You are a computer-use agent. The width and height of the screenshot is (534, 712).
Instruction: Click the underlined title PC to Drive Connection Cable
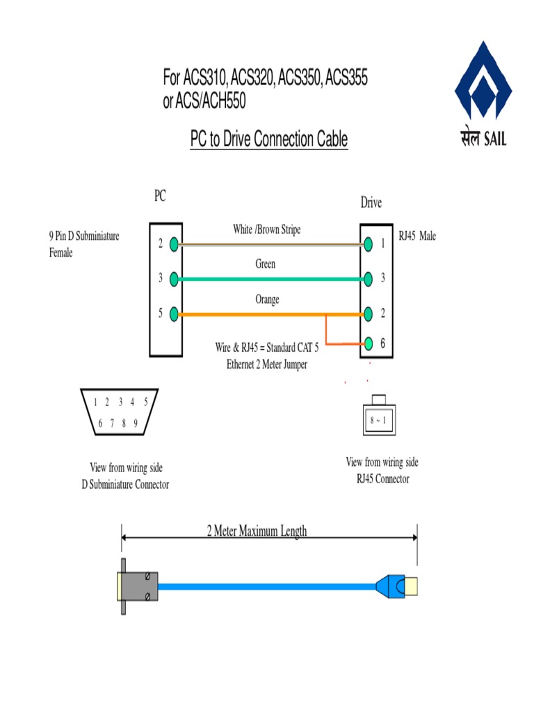click(269, 139)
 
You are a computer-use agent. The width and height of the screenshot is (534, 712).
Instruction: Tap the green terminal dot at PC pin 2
click(174, 244)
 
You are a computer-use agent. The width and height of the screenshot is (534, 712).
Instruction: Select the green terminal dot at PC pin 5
click(174, 314)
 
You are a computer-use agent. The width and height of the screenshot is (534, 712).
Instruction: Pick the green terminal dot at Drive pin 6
click(369, 343)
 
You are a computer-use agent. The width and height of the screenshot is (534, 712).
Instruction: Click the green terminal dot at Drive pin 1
click(369, 244)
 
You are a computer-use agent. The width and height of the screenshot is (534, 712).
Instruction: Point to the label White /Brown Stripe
click(266, 229)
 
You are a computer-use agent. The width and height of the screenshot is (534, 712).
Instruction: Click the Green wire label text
click(265, 264)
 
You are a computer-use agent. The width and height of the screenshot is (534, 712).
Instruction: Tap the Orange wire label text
click(267, 299)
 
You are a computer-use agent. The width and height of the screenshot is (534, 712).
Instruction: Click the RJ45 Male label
click(417, 236)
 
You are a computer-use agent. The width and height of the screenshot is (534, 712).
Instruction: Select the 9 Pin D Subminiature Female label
click(84, 244)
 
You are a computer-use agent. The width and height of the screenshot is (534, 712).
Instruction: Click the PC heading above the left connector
click(160, 195)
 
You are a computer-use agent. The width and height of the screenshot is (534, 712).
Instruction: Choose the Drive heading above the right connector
click(371, 202)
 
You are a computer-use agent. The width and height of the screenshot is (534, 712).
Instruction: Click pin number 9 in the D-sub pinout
click(136, 423)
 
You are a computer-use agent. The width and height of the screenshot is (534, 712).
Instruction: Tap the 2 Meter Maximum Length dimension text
click(257, 531)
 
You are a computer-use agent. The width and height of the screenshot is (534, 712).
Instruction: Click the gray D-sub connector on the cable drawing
click(138, 586)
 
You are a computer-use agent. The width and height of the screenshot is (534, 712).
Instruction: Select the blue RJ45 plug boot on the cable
click(390, 586)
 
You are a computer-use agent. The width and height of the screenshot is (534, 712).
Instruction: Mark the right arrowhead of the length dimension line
click(414, 537)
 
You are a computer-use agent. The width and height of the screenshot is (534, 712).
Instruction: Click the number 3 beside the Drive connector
click(383, 277)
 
